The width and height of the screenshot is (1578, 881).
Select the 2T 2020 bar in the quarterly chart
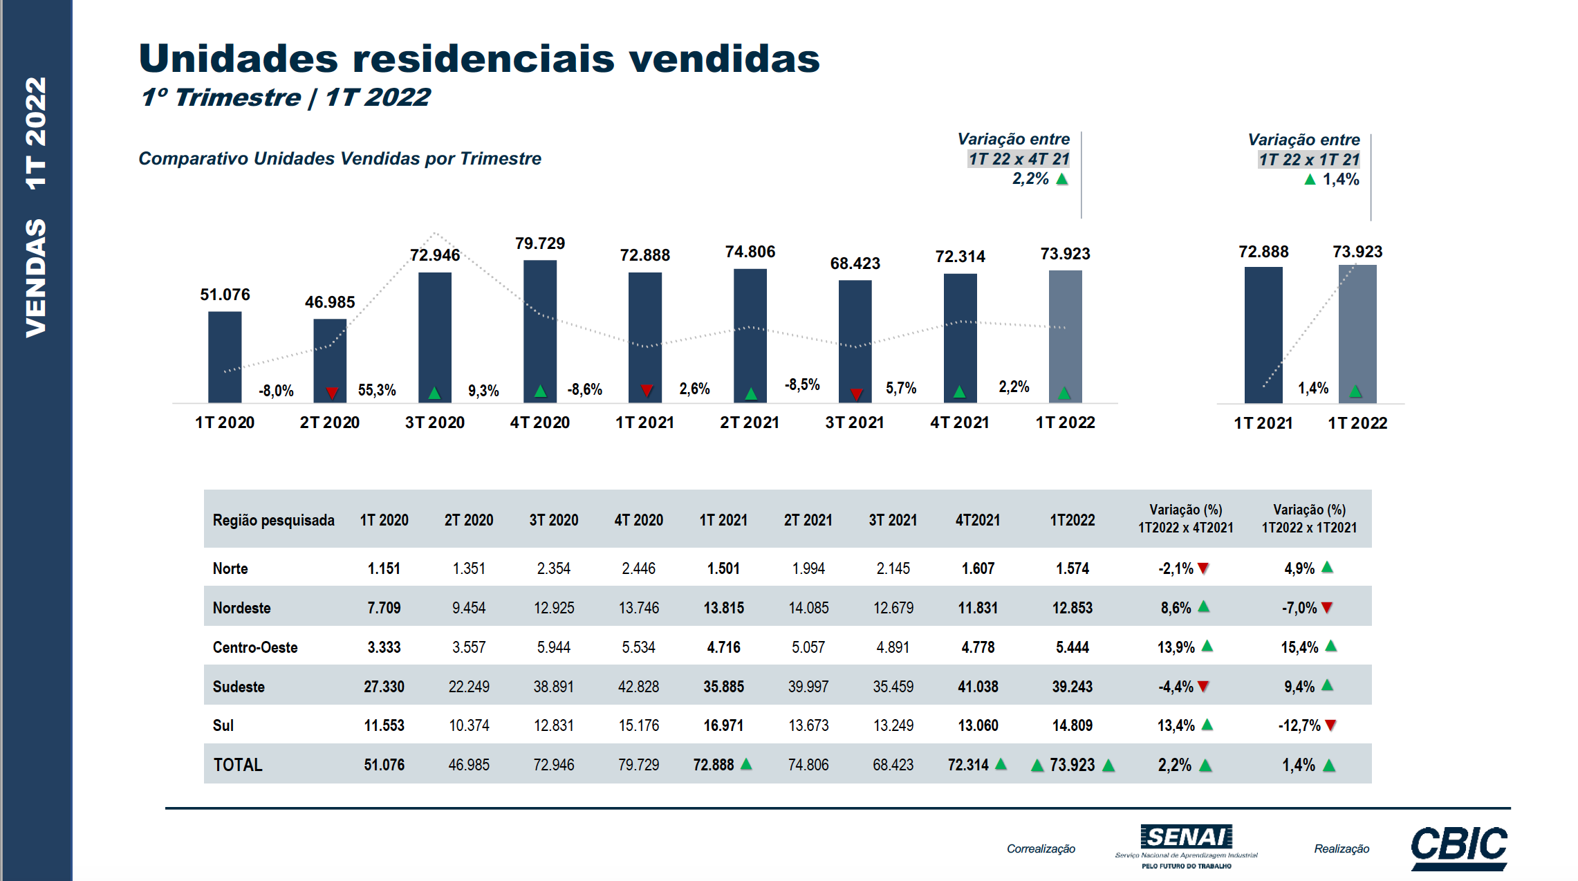(x=329, y=360)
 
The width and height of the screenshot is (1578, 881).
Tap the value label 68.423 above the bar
(x=855, y=263)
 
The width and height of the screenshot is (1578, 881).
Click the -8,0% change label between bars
(x=276, y=391)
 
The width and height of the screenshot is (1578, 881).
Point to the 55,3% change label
(x=377, y=390)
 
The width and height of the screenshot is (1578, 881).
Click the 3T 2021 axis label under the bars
(x=855, y=423)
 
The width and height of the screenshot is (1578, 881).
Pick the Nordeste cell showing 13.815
(x=723, y=608)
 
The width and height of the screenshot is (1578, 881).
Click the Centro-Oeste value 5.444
(x=1072, y=647)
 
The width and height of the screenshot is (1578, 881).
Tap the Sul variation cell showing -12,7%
(x=1299, y=725)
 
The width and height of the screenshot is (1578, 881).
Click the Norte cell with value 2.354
(x=553, y=568)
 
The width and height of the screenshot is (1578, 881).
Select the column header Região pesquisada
(x=273, y=520)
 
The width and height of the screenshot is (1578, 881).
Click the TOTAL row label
(x=238, y=765)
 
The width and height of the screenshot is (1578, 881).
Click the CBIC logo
(x=1458, y=847)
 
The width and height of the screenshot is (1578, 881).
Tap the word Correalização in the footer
(x=1041, y=848)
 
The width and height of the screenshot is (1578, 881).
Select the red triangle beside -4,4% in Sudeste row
(x=1203, y=687)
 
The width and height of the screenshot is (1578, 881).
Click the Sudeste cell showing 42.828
(x=638, y=687)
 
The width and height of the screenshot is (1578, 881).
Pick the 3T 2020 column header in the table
(x=553, y=520)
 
